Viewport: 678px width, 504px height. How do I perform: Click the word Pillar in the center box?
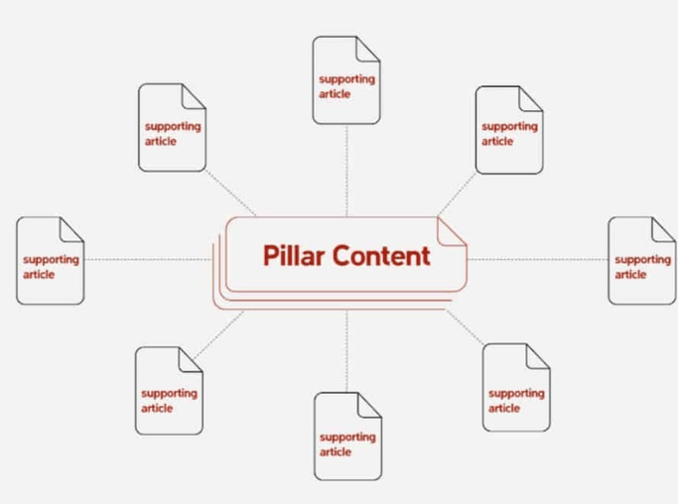tap(294, 255)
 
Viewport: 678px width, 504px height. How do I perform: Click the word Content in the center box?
tap(381, 255)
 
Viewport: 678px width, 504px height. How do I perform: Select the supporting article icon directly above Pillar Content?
tap(346, 80)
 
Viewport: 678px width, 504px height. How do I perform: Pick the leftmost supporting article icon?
tap(50, 261)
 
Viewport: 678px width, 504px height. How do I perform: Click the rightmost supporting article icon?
tap(641, 261)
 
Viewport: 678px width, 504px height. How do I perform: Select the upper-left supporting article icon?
tap(172, 128)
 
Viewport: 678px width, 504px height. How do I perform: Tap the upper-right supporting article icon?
tap(509, 130)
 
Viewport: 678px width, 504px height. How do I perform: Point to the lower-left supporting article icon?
tap(169, 391)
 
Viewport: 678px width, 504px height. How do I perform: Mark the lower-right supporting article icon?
tap(516, 388)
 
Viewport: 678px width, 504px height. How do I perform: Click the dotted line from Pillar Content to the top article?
tap(346, 169)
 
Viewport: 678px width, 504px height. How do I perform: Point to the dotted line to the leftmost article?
tap(149, 260)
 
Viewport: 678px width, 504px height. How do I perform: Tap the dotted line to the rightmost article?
tap(536, 260)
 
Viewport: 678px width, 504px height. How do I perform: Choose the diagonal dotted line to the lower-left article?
tap(223, 332)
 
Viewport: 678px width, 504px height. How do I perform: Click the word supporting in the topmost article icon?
tap(346, 79)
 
